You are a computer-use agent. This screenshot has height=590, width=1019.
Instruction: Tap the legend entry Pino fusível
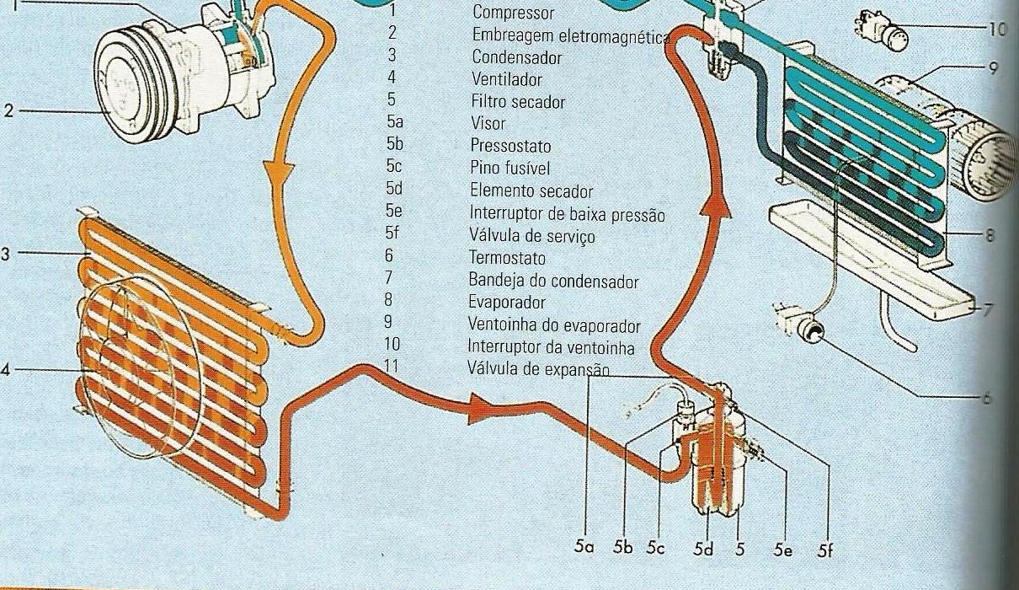(x=512, y=168)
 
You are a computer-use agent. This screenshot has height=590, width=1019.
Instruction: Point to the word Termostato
(x=508, y=258)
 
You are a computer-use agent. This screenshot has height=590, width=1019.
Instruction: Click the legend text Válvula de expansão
(x=537, y=369)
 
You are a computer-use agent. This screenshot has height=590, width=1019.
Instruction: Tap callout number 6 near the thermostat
(x=987, y=399)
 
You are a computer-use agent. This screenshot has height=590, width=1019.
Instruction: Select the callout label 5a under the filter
(x=584, y=547)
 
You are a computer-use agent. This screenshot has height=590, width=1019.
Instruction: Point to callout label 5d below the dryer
(x=703, y=549)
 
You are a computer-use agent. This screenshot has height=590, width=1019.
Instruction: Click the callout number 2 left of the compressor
(x=8, y=110)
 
